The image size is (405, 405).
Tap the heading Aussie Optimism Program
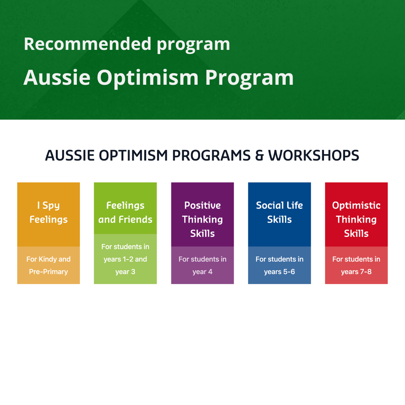coord(159,78)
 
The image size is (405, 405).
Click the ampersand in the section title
coord(259,156)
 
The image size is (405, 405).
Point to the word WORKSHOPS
coord(313,156)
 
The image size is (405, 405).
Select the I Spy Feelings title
coord(48,213)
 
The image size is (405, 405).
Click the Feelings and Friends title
coord(125,213)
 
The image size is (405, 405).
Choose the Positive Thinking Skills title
coord(202,219)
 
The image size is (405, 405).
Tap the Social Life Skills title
coord(279,213)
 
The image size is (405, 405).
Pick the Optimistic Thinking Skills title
coord(357,219)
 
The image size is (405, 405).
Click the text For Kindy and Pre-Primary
coord(48,265)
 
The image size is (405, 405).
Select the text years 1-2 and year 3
coord(125,265)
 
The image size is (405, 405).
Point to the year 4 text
coord(202,272)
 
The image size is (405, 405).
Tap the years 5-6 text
coord(279,272)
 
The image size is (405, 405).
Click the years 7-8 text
coord(357,272)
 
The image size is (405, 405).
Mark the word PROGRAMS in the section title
coord(211,156)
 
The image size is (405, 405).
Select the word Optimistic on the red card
coord(357,206)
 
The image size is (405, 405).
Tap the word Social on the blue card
coord(267,205)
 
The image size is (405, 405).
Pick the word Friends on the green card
coord(136,219)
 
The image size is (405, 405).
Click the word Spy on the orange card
coord(51,206)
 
